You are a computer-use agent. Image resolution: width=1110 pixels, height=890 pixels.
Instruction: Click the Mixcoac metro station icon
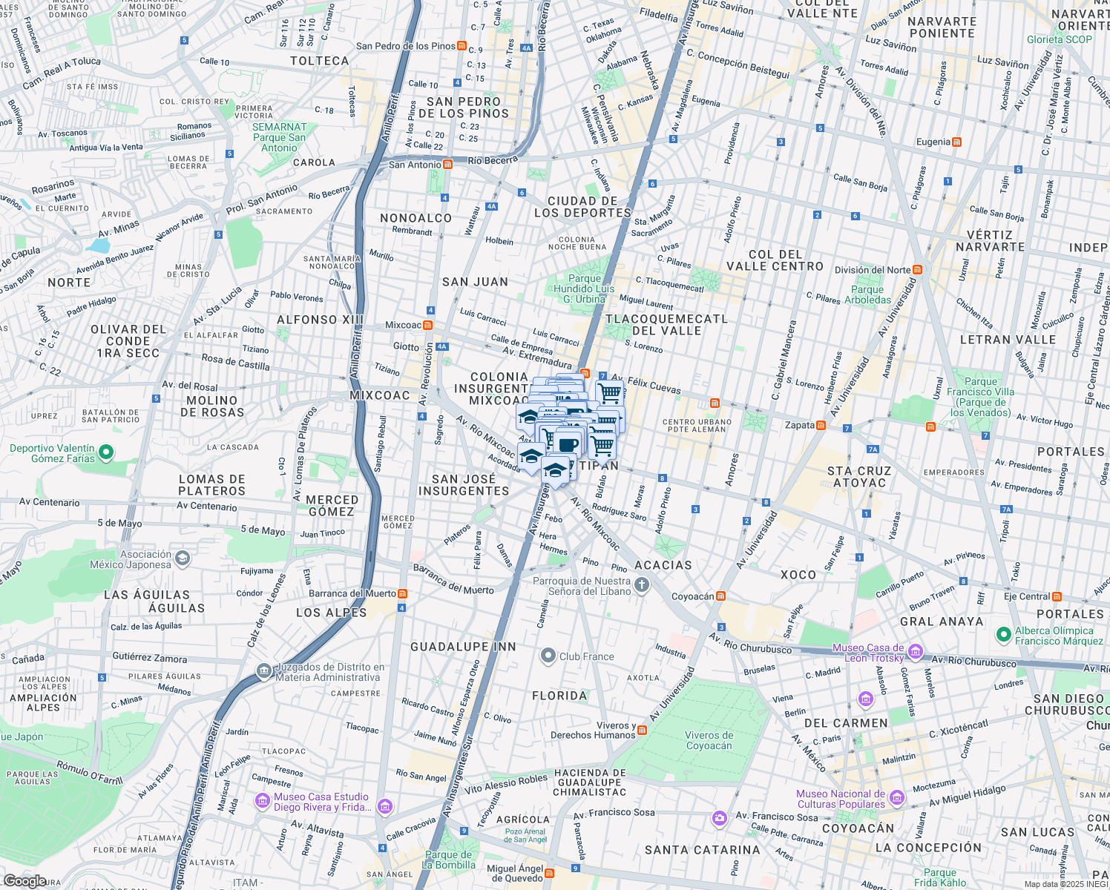[x=427, y=325]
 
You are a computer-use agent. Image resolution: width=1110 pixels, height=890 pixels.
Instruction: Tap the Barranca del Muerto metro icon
[x=402, y=593]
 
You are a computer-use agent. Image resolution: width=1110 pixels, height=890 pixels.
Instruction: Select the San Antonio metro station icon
[x=447, y=165]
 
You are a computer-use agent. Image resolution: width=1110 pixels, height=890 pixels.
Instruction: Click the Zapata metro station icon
[x=821, y=426]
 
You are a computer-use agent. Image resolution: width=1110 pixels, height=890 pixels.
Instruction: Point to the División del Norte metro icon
[x=918, y=270]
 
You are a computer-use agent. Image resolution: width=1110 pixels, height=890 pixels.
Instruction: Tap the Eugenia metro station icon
[x=956, y=142]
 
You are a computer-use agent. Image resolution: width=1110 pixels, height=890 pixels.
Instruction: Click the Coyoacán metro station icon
[x=720, y=596]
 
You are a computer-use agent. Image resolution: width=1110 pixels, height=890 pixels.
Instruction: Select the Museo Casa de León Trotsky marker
[x=916, y=652]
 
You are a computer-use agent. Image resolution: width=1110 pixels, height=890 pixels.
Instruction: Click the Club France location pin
[x=548, y=656]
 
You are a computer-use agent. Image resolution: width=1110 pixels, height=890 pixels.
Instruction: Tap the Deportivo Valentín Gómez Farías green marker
[x=106, y=452]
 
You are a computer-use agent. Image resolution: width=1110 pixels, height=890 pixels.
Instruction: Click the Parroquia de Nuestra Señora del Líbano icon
[x=642, y=586]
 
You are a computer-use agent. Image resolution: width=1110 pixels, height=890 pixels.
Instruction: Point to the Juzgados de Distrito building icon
[x=264, y=671]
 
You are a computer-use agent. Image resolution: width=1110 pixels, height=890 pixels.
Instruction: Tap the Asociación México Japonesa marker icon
[x=183, y=558]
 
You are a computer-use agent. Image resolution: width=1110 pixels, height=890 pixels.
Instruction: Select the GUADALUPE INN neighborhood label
[x=463, y=647]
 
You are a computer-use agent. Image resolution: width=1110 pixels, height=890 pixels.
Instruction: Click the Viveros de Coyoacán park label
[x=709, y=740]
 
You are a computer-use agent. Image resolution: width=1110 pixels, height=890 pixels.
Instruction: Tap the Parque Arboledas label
[x=867, y=294]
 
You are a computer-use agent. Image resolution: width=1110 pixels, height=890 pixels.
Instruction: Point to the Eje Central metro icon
[x=1057, y=596]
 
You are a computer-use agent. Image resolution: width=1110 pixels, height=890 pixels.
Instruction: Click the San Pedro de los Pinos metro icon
[x=462, y=46]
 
